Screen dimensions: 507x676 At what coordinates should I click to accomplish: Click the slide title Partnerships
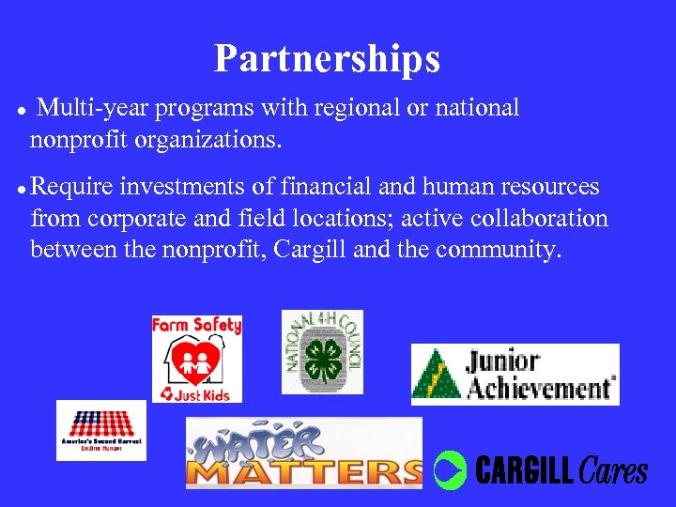(x=327, y=58)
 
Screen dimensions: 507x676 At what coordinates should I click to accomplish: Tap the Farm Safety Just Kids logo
(x=196, y=359)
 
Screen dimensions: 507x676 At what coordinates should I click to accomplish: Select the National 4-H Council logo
(x=322, y=352)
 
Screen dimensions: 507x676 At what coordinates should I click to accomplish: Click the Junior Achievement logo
(x=515, y=374)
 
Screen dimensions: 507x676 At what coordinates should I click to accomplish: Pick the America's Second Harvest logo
(x=101, y=430)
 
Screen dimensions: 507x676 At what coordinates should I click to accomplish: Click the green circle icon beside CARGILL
(x=450, y=469)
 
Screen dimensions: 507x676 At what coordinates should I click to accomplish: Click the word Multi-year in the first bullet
(x=93, y=109)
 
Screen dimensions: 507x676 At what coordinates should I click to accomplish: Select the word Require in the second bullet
(x=69, y=187)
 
